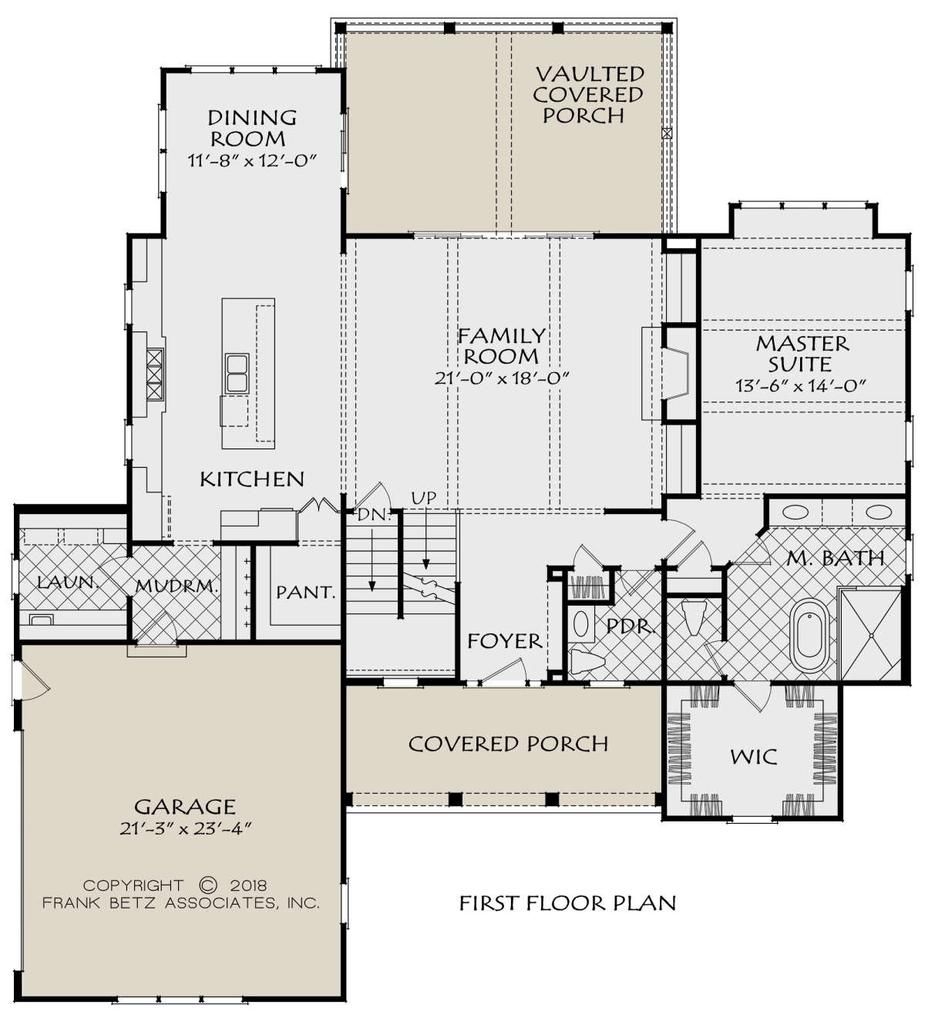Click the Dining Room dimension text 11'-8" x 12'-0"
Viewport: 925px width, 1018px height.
252,161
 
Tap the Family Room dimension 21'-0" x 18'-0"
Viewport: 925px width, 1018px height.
501,378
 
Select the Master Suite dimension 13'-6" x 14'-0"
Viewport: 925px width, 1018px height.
800,385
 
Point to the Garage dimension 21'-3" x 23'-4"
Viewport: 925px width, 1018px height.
186,828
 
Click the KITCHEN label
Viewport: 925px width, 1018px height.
252,479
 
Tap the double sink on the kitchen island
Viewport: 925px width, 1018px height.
237,374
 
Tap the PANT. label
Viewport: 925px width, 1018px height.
305,592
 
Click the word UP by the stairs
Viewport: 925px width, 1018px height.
424,498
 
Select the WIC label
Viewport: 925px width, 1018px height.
753,758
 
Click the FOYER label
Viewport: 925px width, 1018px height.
505,641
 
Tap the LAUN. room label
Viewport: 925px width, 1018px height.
68,583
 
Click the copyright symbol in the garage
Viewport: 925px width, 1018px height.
208,885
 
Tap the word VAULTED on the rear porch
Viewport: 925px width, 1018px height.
590,75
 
